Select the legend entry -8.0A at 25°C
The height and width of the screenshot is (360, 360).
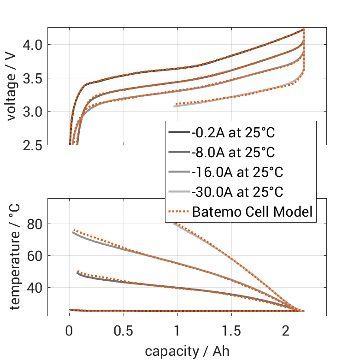pyautogui.click(x=234, y=153)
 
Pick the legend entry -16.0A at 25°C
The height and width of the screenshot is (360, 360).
pyautogui.click(x=237, y=172)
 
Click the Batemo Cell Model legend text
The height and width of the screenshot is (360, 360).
pyautogui.click(x=252, y=212)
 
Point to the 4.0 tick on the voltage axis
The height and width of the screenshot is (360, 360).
pyautogui.click(x=33, y=45)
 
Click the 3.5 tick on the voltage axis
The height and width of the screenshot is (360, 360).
pyautogui.click(x=33, y=78)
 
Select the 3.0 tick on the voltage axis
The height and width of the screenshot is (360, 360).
pyautogui.click(x=33, y=112)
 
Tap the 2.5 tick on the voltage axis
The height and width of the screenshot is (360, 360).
pyautogui.click(x=33, y=145)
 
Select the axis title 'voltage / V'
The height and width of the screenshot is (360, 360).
pyautogui.click(x=12, y=87)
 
